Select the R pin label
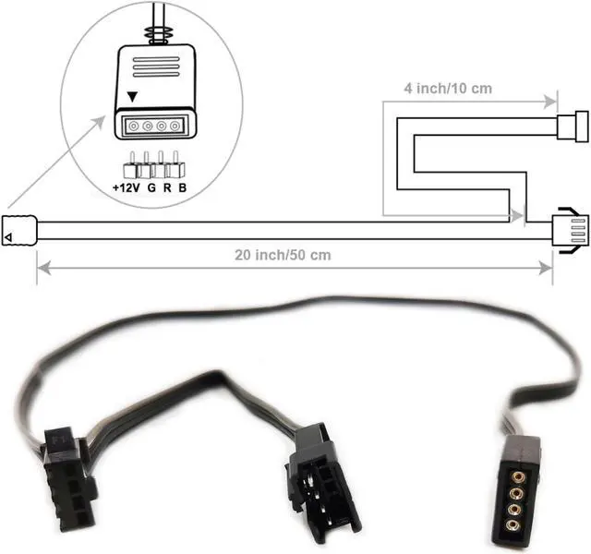[166, 189]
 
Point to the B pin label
[183, 189]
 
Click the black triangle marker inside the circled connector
[135, 96]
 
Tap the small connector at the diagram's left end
[19, 230]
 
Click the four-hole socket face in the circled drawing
[155, 125]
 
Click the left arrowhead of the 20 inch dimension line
[42, 268]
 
